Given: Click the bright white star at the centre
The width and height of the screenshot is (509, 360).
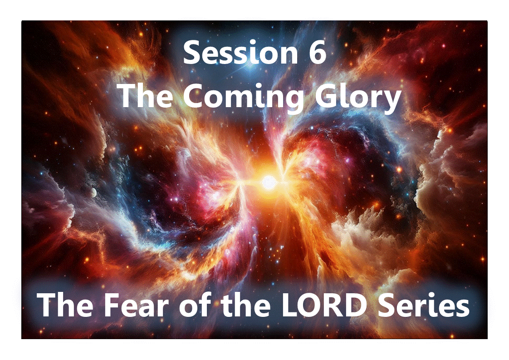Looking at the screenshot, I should pyautogui.click(x=269, y=182).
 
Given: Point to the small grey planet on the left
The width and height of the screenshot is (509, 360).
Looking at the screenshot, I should pyautogui.click(x=93, y=192).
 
